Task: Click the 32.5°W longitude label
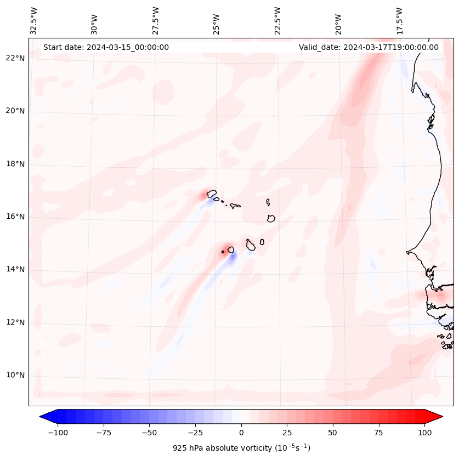point(34,20)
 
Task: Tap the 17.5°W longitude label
point(399,20)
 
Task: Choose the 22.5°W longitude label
point(277,20)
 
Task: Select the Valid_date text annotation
point(369,47)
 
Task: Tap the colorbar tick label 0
point(241,433)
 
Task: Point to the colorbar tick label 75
point(378,433)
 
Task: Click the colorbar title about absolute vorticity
point(241,448)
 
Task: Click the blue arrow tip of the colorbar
point(45,417)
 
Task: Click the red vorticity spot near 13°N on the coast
point(440,294)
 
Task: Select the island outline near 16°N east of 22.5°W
point(271,218)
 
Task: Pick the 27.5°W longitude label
point(156,20)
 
